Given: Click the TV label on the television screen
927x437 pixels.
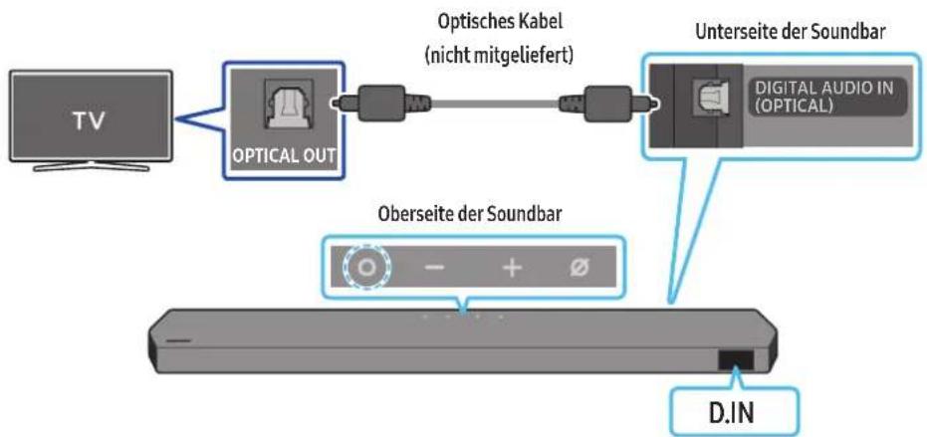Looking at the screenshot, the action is click(x=90, y=121).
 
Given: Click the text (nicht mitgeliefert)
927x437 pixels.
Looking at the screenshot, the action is click(x=500, y=58).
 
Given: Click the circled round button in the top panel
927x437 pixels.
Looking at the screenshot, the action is click(x=367, y=268).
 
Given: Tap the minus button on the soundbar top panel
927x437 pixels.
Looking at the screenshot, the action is click(x=434, y=268).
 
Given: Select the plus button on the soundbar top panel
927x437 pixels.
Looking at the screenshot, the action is click(x=513, y=268).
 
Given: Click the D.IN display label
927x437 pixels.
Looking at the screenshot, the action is click(x=734, y=413).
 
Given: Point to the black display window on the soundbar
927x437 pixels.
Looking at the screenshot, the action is click(x=737, y=360).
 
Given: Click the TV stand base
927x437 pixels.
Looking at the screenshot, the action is click(x=91, y=165).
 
